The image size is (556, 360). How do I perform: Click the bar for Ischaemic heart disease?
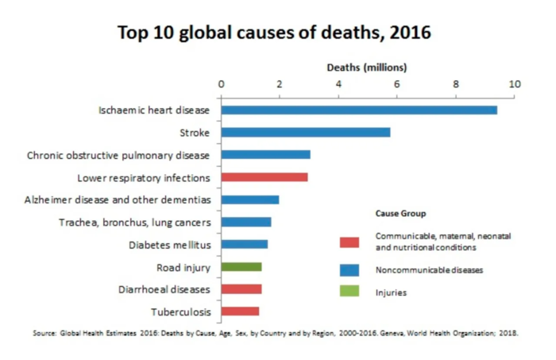click(359, 110)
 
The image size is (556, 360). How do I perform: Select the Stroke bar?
click(306, 132)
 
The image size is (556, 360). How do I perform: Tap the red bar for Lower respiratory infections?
click(264, 177)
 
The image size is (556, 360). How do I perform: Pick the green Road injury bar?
click(241, 267)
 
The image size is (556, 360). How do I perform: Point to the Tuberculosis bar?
click(240, 312)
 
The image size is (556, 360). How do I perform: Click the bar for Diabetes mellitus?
click(245, 245)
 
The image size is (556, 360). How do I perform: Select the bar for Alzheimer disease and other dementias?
click(250, 199)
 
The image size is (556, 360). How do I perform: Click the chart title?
click(274, 33)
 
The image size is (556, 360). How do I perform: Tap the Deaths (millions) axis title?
click(367, 68)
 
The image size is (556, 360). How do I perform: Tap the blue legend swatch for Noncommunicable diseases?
click(349, 269)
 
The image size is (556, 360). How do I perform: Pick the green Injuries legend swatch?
click(349, 292)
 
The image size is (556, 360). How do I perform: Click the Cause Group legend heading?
click(400, 214)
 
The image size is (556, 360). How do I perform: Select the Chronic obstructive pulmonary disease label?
click(118, 155)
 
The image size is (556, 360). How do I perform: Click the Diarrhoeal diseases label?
click(164, 289)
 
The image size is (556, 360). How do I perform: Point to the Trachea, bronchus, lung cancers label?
click(134, 223)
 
